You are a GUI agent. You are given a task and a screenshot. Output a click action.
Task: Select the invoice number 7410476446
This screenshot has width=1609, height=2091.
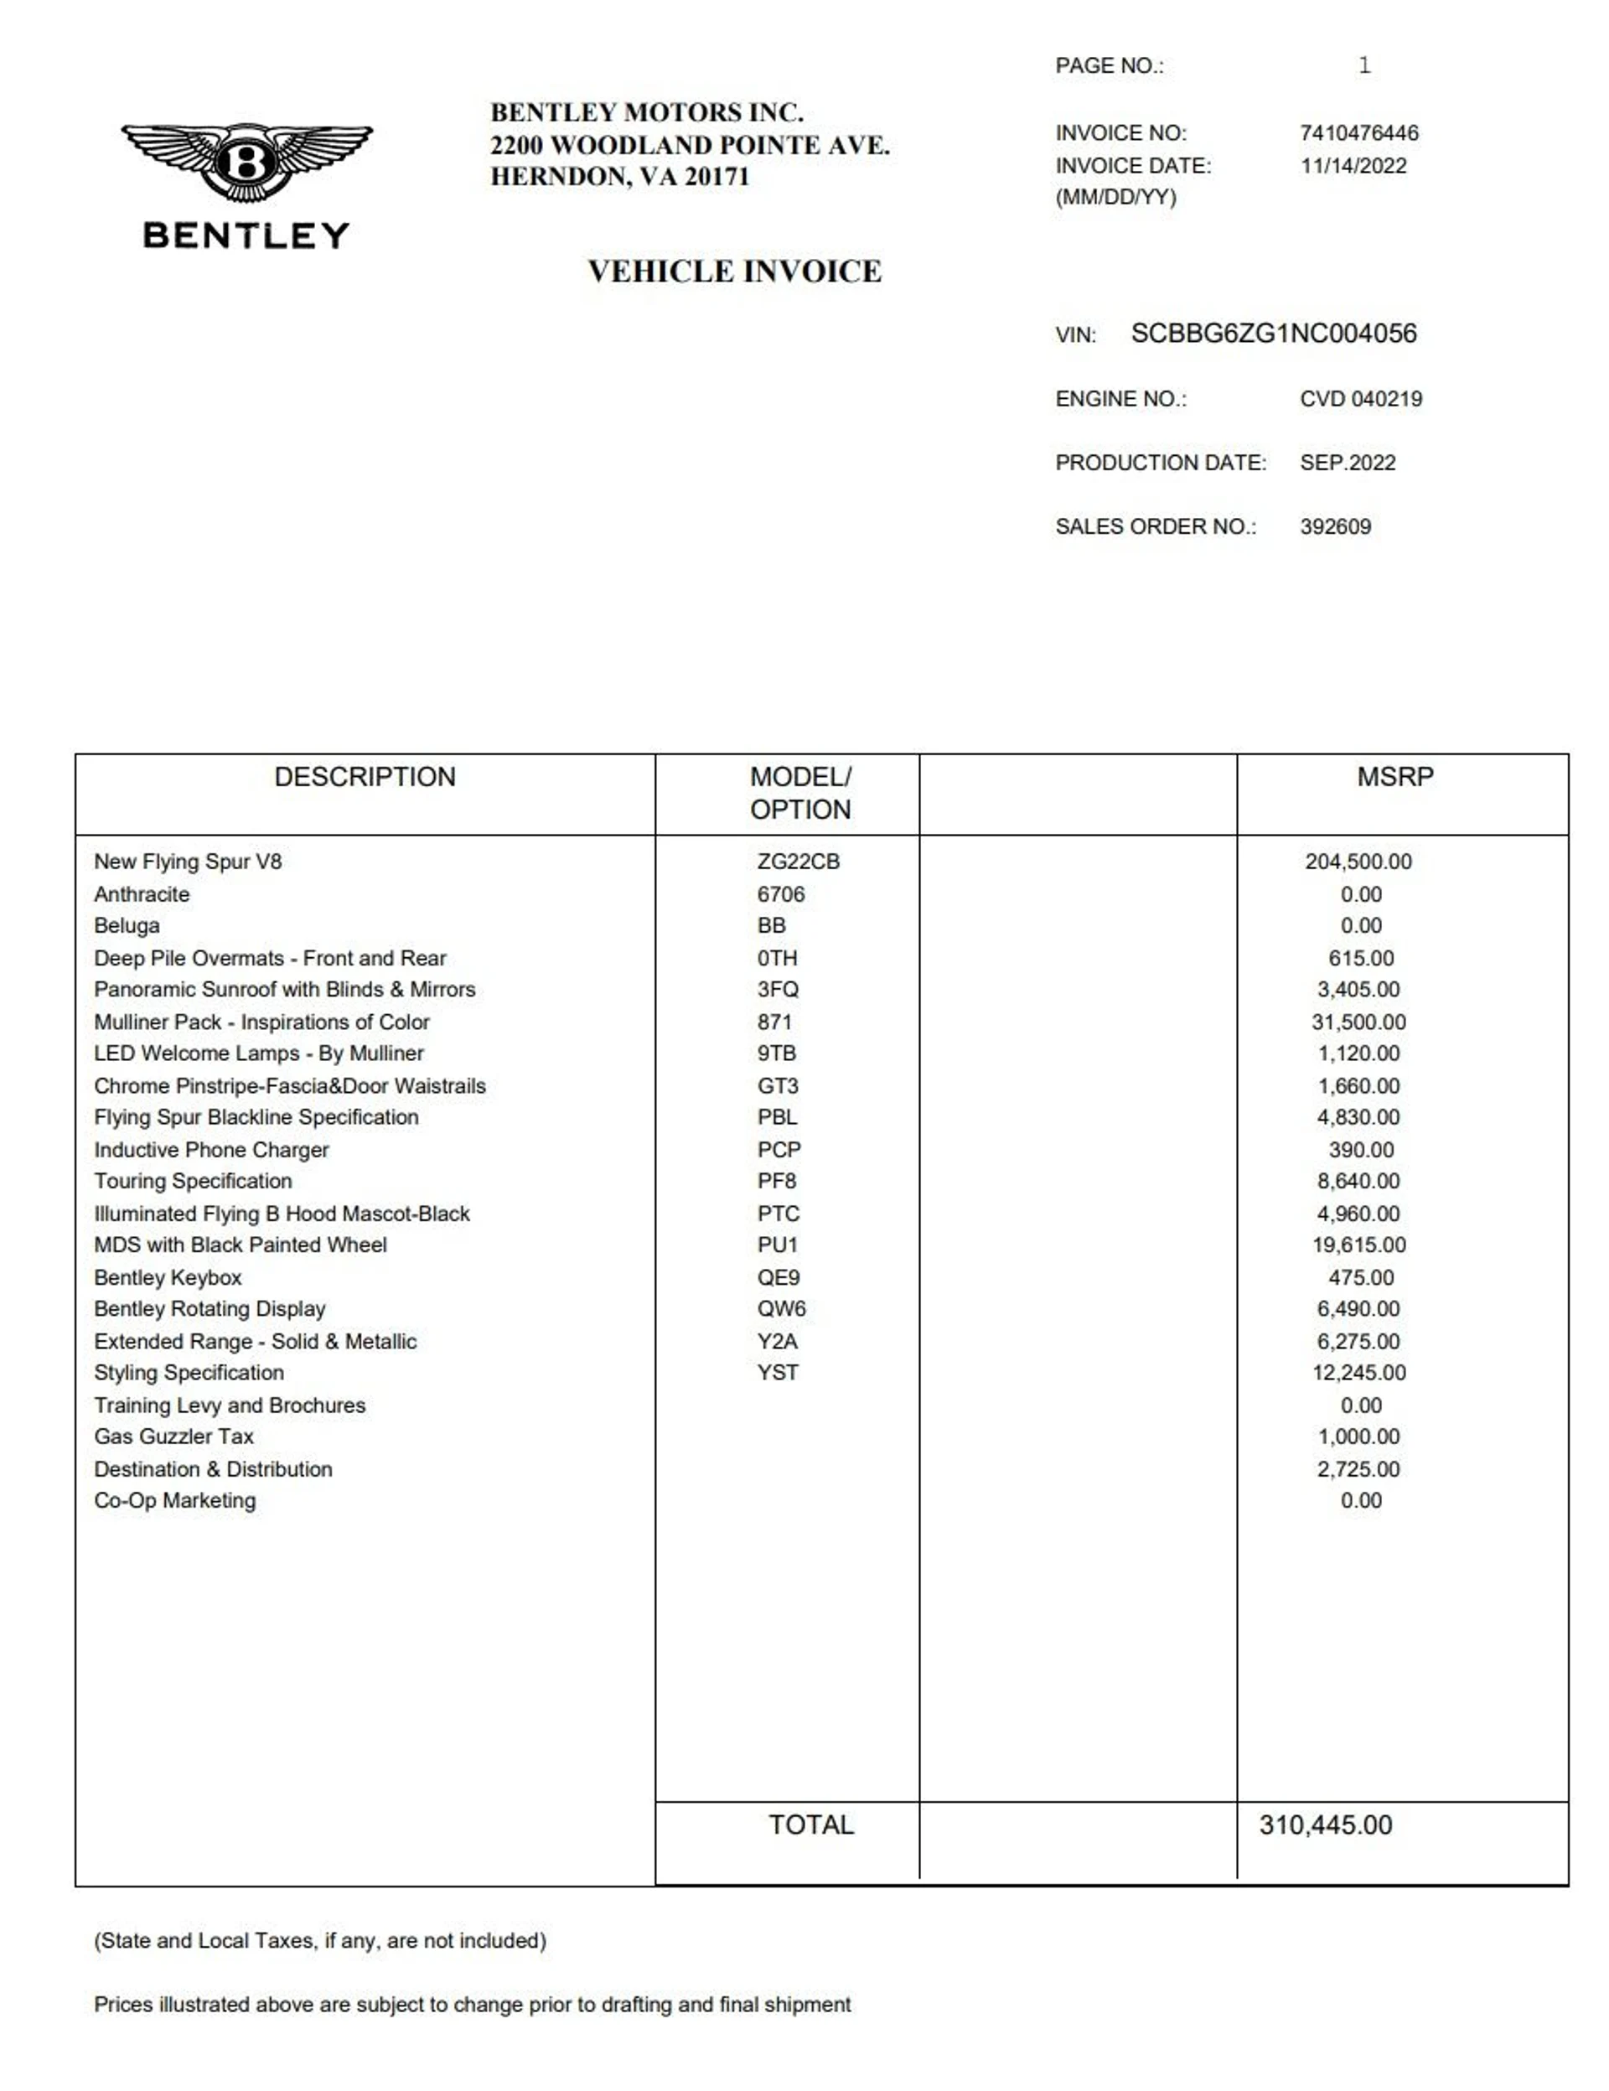coord(1358,133)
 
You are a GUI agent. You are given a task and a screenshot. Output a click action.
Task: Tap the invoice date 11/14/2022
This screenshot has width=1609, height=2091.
coord(1353,166)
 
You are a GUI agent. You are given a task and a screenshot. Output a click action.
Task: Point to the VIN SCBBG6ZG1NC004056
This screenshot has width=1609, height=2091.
coord(1273,334)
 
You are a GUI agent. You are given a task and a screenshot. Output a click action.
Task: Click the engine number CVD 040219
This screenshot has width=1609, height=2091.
coord(1360,398)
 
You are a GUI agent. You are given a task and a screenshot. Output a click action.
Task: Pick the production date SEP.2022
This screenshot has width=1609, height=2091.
coord(1347,463)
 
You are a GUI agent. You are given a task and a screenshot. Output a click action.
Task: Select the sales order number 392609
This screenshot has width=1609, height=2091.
coord(1334,526)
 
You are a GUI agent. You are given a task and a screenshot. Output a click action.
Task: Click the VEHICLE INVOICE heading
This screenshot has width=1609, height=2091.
coord(734,272)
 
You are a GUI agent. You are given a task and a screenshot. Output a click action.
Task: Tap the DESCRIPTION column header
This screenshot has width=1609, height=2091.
coord(365,776)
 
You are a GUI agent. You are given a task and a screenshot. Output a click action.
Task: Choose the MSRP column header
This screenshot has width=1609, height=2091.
coord(1394,776)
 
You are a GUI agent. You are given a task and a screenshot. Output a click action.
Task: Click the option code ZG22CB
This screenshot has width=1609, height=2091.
coord(797,862)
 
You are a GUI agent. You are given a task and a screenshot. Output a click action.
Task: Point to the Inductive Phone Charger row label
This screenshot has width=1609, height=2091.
coord(210,1150)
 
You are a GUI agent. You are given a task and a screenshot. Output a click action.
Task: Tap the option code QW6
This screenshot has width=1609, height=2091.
coord(781,1309)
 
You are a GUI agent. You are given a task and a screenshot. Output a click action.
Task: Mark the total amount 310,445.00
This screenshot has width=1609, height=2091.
coord(1325,1824)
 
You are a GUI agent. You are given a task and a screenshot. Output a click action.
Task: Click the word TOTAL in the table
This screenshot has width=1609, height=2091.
coord(810,1824)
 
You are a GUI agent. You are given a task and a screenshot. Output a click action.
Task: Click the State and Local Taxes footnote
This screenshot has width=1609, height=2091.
coord(319,1941)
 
